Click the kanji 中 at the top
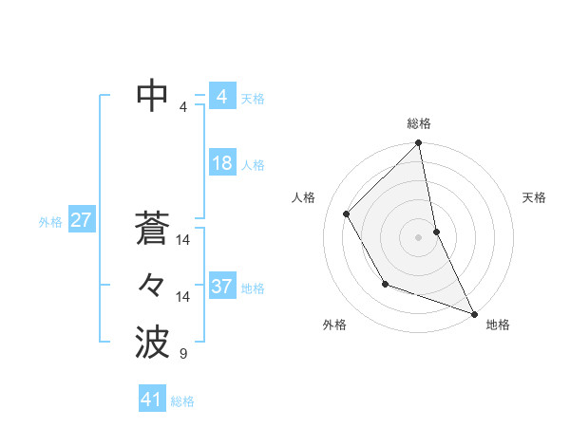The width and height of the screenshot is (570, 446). coord(152,97)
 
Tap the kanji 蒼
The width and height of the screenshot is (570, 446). coord(152,229)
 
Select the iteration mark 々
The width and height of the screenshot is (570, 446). coord(152,285)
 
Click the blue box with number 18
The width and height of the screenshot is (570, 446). coord(221,163)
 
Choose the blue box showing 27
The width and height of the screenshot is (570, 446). coord(81,221)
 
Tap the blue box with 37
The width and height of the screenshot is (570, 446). coord(221,287)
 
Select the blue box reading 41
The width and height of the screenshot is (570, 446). coord(152,400)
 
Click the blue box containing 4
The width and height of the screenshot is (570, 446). coord(221,97)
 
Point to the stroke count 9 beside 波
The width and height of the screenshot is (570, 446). coord(183,355)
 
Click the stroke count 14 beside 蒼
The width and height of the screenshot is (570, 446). coord(183,240)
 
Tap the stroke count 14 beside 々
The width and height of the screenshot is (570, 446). coord(183,297)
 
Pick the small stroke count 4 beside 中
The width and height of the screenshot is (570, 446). coord(183,107)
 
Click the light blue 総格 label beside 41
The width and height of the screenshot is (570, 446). coord(182,401)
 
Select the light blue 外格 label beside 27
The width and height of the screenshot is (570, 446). coord(50,222)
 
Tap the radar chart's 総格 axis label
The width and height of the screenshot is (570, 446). coord(419,123)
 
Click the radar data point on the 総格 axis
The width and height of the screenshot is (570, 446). coord(419,144)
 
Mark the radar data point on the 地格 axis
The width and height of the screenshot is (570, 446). coord(474,313)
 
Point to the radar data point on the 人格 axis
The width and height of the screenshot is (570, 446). coord(347,214)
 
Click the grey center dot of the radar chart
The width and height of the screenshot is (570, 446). coord(419,236)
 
